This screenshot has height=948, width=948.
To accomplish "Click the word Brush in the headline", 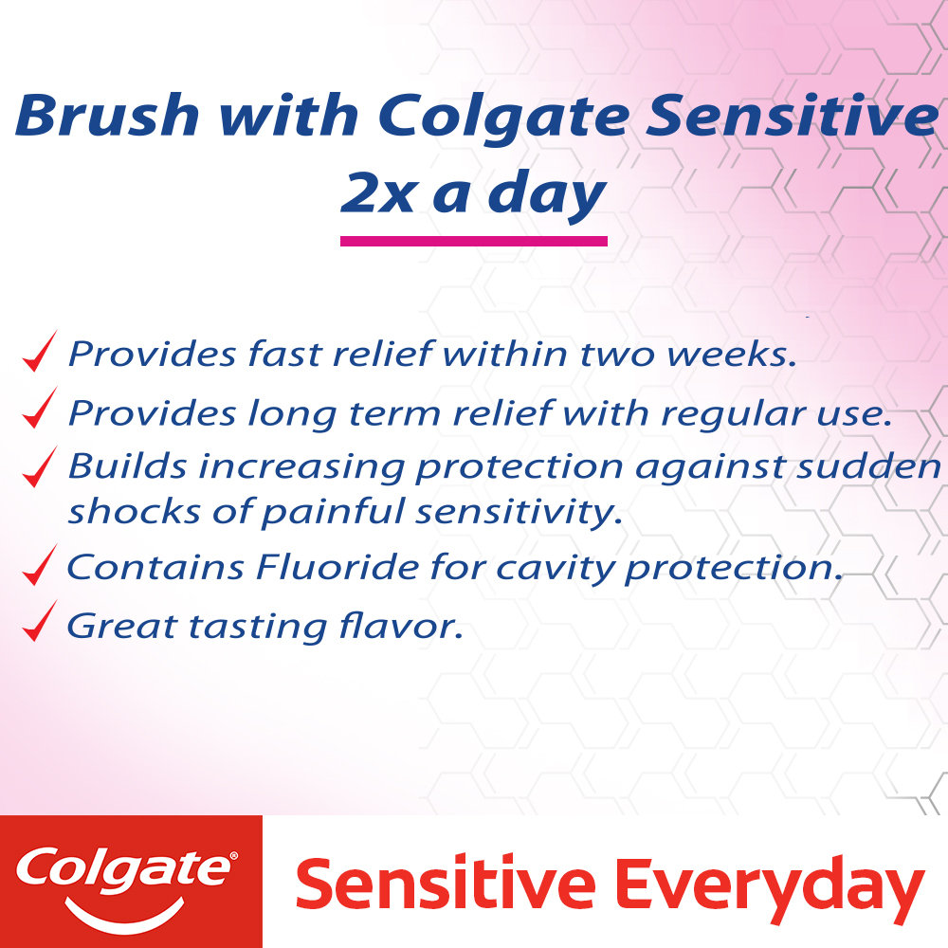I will pyautogui.click(x=107, y=116).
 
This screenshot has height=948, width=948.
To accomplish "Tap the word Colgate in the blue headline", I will pyautogui.click(x=501, y=116).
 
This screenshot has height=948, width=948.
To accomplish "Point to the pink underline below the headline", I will pyautogui.click(x=473, y=242).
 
